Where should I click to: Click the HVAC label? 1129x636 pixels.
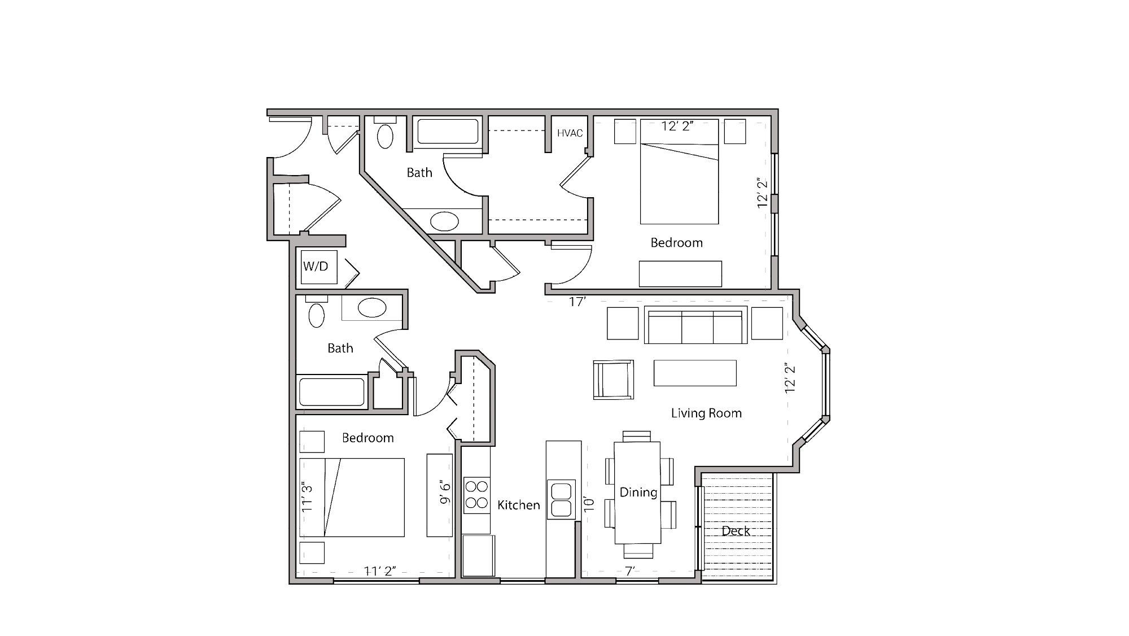(x=570, y=133)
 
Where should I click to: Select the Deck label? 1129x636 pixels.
(x=736, y=531)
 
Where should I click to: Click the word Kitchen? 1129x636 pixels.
(x=518, y=505)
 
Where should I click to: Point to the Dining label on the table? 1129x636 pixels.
(x=638, y=492)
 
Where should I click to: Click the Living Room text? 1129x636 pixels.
(x=706, y=413)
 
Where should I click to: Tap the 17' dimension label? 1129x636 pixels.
(x=577, y=302)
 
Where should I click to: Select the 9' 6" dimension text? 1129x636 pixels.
(x=445, y=493)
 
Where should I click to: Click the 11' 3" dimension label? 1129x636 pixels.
(x=307, y=498)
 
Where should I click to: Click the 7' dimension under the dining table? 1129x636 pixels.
(x=630, y=571)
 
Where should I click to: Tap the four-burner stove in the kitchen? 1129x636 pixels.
(x=476, y=495)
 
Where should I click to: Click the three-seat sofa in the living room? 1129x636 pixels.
(x=695, y=326)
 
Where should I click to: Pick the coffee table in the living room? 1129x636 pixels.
(x=695, y=373)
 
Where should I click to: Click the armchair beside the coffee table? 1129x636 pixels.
(x=613, y=380)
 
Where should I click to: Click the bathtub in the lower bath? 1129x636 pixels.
(x=331, y=392)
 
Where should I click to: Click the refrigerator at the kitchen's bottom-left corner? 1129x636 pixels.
(x=478, y=556)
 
